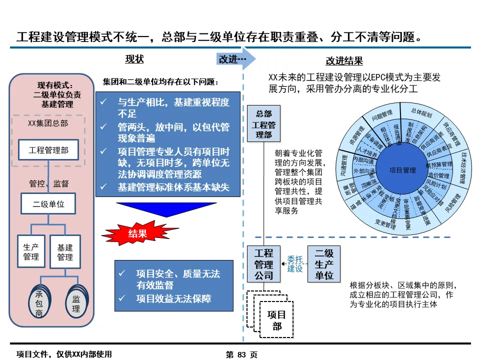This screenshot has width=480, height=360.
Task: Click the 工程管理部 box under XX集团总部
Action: tap(48, 149)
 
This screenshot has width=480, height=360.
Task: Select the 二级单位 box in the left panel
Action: tap(48, 204)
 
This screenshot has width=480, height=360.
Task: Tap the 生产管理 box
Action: tap(31, 252)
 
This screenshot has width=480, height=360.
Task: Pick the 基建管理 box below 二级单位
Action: tap(65, 252)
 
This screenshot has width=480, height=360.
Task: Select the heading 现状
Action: tap(134, 59)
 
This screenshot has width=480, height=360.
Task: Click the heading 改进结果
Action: tap(344, 61)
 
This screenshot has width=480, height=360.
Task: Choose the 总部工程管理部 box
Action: tap(263, 124)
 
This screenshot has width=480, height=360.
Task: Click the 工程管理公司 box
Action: tap(263, 264)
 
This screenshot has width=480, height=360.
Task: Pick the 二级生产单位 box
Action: tap(324, 264)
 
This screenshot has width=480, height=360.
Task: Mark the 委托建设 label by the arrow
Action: tap(295, 263)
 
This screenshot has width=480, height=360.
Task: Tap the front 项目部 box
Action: tap(276, 320)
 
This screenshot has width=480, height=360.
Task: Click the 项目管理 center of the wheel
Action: tap(402, 170)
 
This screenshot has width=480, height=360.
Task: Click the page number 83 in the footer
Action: tap(242, 354)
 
